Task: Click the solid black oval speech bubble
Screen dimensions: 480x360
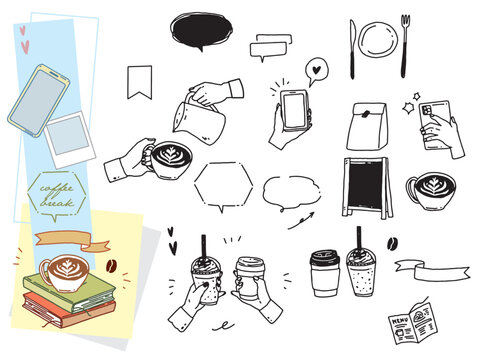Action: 201,29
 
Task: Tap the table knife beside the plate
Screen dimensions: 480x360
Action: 352,49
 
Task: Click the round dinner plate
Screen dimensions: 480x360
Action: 378,40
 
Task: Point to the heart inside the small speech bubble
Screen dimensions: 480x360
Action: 317,70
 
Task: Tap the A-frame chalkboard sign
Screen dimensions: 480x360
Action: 367,188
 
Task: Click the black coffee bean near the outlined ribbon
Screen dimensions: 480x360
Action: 392,244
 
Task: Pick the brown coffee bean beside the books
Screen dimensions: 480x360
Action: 111,265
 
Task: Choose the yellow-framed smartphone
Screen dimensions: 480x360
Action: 39,101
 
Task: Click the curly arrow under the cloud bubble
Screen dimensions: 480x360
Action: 301,221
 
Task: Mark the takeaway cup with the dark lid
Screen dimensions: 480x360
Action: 325,273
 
